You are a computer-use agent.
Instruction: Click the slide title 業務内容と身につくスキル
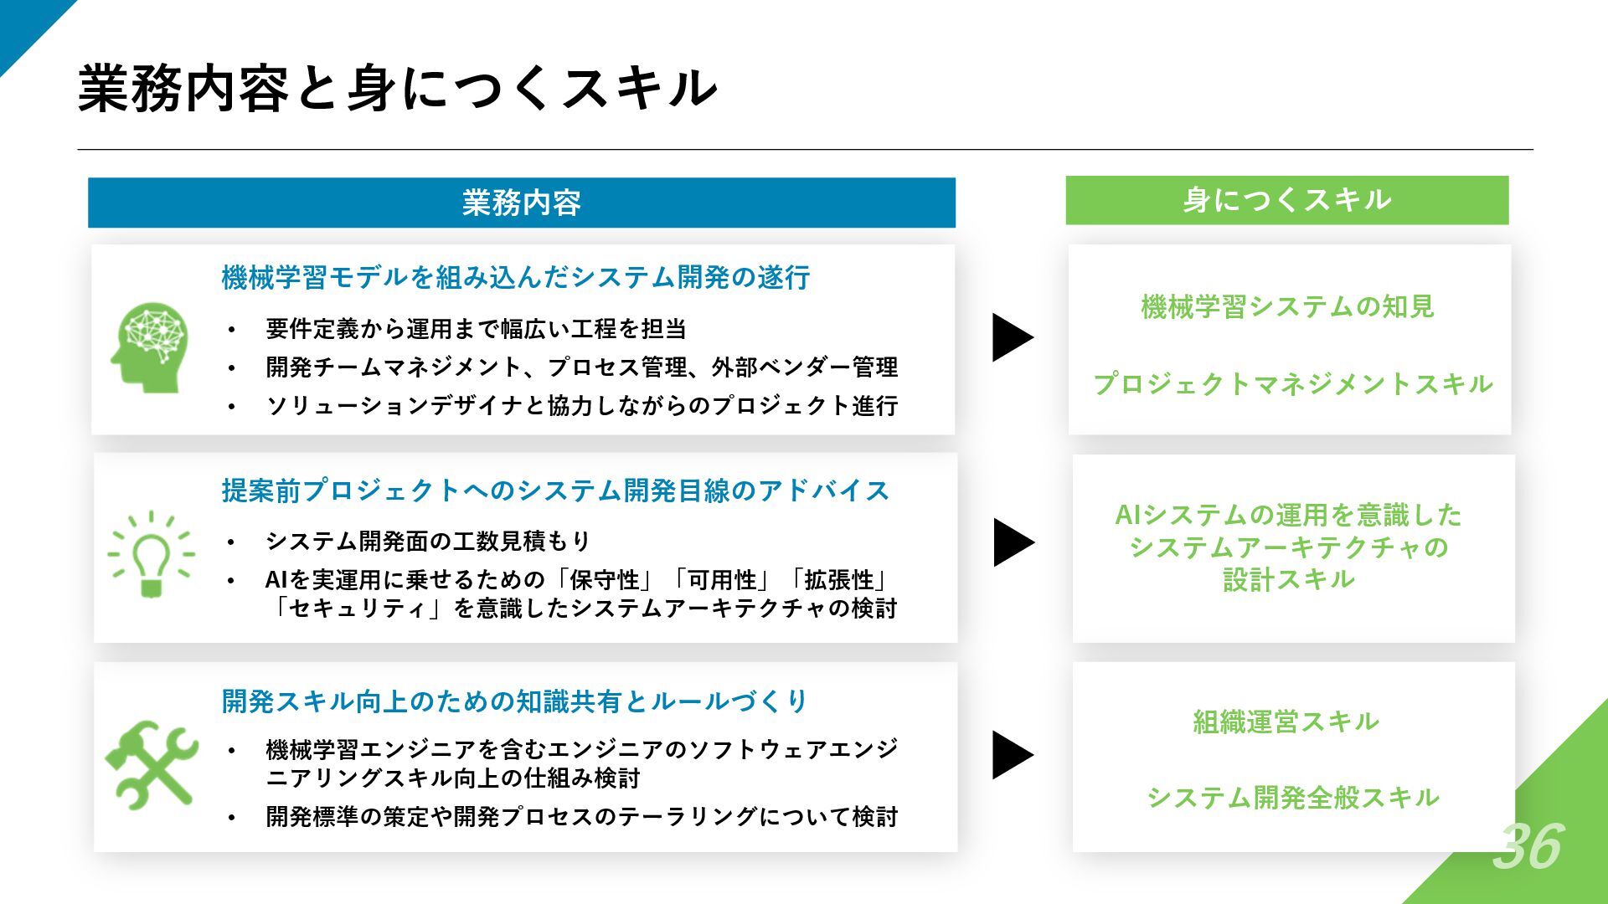tap(397, 89)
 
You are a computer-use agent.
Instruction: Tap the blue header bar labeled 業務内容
tap(521, 203)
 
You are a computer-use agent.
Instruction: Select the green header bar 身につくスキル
tap(1286, 200)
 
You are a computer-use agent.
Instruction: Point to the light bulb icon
tap(152, 553)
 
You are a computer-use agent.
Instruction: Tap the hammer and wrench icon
tap(152, 764)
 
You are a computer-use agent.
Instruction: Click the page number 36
tap(1528, 845)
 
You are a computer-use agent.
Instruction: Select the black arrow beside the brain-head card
tap(1010, 337)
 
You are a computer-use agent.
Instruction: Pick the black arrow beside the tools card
tap(1010, 755)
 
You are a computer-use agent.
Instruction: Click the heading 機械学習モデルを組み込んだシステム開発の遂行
tap(515, 277)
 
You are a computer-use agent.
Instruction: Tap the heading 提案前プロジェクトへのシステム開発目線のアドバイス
tap(554, 491)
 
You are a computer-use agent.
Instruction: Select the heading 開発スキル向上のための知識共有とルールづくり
tap(514, 701)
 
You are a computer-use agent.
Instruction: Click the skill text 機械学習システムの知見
tap(1287, 307)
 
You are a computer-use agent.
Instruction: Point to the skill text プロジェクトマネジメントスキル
tap(1292, 384)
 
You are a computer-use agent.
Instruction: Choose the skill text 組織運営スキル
tap(1286, 722)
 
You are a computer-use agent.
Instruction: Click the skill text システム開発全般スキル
tap(1292, 798)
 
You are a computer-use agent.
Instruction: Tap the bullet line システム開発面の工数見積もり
tap(428, 542)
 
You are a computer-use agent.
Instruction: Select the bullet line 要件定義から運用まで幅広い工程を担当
tap(476, 329)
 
